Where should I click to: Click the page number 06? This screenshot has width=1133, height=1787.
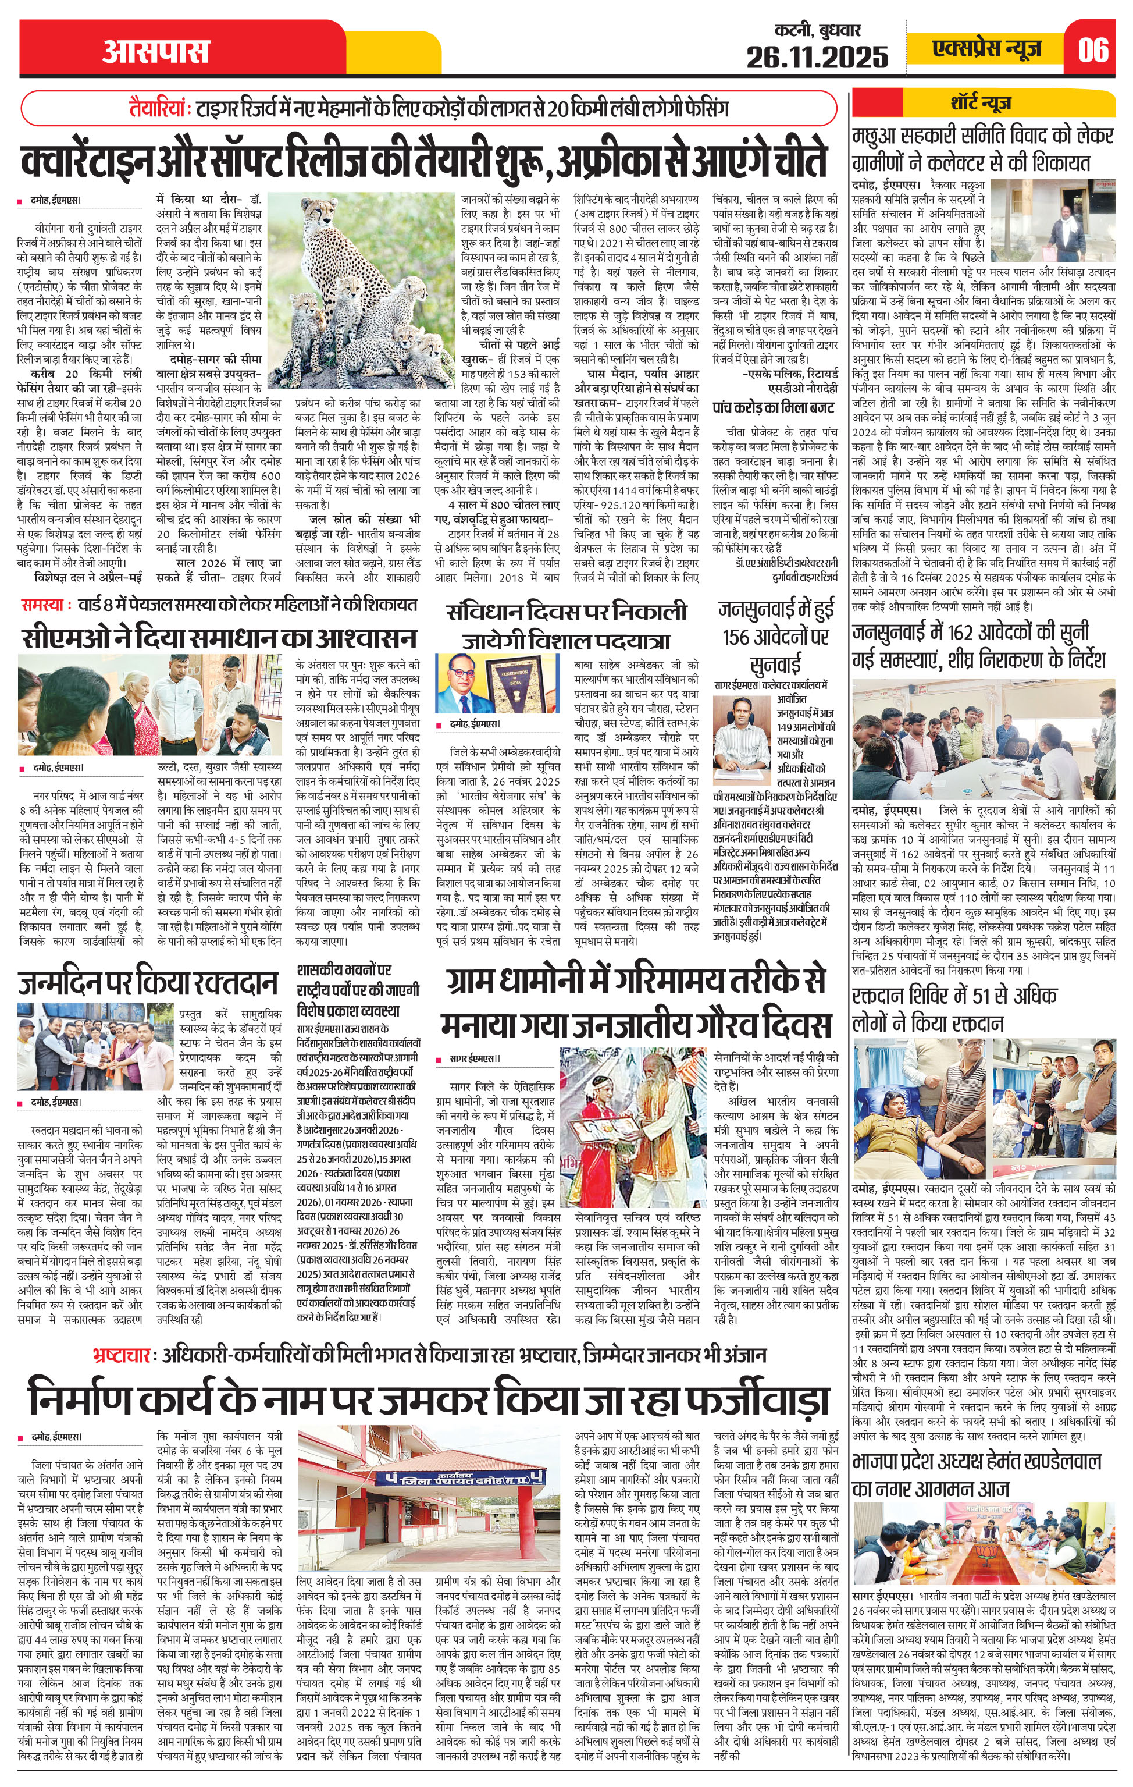point(1093,49)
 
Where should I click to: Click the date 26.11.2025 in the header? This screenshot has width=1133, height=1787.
point(816,56)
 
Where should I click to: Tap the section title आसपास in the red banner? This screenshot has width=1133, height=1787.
point(156,52)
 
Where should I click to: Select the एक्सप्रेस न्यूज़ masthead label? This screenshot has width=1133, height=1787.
point(988,49)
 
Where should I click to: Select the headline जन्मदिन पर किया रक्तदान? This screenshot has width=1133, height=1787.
point(148,983)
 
